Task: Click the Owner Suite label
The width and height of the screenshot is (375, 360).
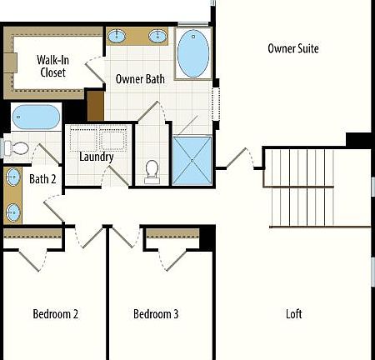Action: (x=293, y=48)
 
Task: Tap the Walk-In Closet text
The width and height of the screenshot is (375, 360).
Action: (x=52, y=66)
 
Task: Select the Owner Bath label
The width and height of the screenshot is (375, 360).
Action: (x=140, y=80)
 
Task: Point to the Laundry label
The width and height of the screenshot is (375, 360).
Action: (x=97, y=157)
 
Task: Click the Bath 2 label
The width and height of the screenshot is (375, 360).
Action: (x=42, y=178)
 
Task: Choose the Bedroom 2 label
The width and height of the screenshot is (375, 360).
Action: (x=56, y=314)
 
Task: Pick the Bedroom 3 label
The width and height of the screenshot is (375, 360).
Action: (x=156, y=314)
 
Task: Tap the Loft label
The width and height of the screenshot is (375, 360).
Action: (x=293, y=314)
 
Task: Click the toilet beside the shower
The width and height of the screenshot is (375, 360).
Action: (x=152, y=170)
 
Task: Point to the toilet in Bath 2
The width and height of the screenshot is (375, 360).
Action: (x=17, y=148)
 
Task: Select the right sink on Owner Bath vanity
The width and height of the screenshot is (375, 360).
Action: (x=157, y=36)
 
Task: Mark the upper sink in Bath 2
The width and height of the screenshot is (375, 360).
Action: (x=13, y=177)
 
